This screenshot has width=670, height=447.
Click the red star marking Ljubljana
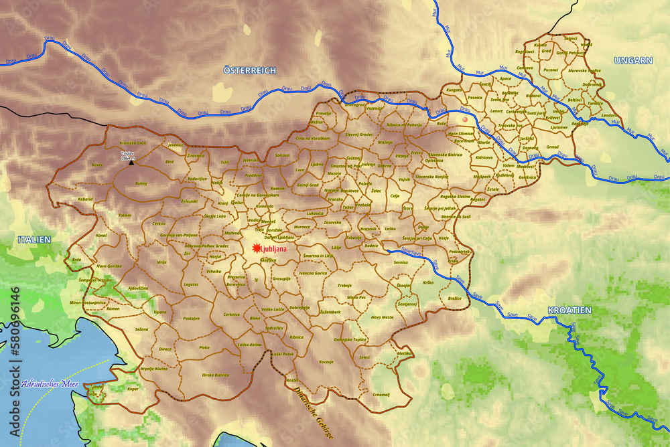pos(255,249)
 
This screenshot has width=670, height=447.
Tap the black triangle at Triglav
pos(131,162)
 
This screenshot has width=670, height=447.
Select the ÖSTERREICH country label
pos(249,70)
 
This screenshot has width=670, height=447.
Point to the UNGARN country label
pos(632,60)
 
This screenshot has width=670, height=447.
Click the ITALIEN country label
pos(34,239)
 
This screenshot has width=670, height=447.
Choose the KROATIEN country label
pos(569,310)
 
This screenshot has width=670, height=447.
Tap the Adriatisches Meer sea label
pos(49,384)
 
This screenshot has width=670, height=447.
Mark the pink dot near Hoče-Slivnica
pos(464,120)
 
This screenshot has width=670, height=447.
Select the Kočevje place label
pos(326,362)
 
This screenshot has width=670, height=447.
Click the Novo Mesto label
pos(382,317)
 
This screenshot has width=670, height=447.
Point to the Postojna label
pos(192,319)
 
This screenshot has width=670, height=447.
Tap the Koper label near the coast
pos(133,389)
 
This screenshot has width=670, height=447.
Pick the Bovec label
pos(97,165)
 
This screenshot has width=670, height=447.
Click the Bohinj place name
pos(141,183)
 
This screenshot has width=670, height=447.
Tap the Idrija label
pos(161,262)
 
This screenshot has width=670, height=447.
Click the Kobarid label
pos(84,199)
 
